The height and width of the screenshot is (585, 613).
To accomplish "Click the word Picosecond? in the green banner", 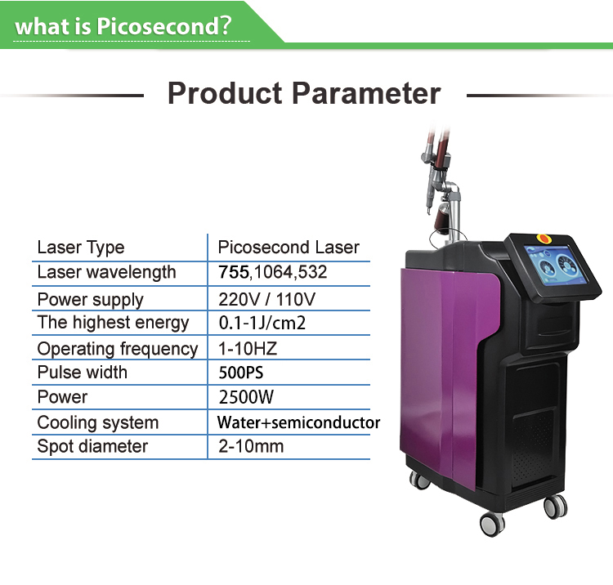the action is [x=164, y=26].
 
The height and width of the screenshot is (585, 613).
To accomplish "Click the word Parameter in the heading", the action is [x=366, y=94].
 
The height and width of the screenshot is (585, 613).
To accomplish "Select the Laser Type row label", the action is [x=81, y=248].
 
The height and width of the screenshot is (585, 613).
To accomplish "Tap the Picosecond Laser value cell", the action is [x=289, y=248].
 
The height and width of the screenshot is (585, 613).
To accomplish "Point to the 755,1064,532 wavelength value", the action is [x=272, y=272].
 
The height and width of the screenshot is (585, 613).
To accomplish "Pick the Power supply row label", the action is [x=90, y=300].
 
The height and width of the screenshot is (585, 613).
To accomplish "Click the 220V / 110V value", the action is [x=266, y=300].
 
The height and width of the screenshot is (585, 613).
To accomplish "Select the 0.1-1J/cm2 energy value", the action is [x=262, y=324].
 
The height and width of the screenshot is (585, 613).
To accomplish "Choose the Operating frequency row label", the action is [x=118, y=349].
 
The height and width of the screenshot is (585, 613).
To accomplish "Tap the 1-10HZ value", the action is [x=248, y=349].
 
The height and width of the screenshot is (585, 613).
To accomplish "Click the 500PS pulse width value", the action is [x=241, y=373].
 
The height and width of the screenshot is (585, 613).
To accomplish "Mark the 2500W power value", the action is [x=246, y=397].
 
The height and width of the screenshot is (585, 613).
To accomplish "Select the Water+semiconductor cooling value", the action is [x=298, y=422].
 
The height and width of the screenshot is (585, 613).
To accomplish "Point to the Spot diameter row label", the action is [x=92, y=446].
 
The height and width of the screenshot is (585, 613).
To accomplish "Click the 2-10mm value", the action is [x=251, y=446].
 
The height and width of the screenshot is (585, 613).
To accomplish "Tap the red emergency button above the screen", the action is [x=543, y=238].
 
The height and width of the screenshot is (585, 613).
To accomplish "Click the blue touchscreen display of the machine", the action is [x=555, y=265].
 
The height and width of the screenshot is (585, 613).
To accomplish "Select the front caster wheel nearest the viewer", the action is [x=492, y=524].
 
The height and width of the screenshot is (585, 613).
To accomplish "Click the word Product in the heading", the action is [x=225, y=94].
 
